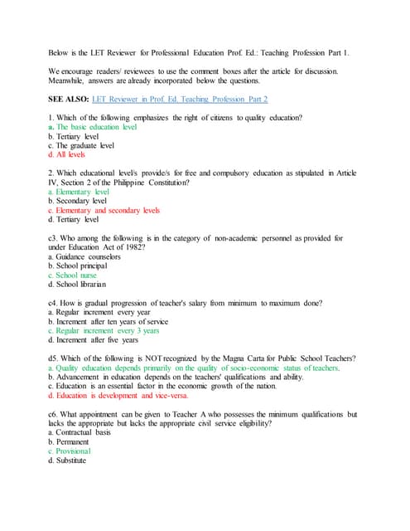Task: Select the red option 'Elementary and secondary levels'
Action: pyautogui.click(x=104, y=210)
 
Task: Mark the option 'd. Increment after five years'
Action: pyautogui.click(x=93, y=339)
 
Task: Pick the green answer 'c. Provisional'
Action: pyautogui.click(x=75, y=451)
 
